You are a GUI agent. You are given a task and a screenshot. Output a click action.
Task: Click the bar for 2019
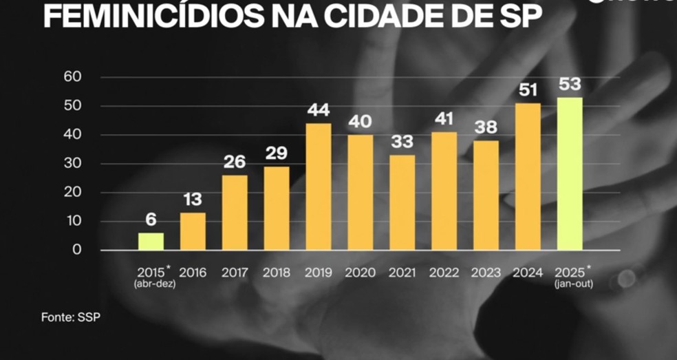(318, 187)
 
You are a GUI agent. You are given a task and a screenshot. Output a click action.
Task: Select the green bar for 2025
(570, 173)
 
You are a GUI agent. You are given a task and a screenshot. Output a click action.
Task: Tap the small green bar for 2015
(151, 241)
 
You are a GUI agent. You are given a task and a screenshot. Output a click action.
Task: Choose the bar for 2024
(528, 176)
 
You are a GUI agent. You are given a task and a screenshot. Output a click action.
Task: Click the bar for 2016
(193, 231)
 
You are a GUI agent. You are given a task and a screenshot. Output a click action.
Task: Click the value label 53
(570, 85)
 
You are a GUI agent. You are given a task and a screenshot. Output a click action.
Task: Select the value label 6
(151, 220)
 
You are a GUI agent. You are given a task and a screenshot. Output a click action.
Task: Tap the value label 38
(486, 128)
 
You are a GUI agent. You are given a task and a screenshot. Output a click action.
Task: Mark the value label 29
(277, 153)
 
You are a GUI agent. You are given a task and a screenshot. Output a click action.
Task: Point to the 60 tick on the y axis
(72, 77)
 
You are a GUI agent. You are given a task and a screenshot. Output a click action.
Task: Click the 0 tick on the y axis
(76, 250)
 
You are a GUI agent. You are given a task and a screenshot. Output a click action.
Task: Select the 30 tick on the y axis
(72, 164)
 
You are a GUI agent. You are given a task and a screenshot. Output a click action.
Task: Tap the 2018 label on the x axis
(276, 273)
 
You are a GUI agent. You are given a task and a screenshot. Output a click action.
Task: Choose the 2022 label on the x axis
(444, 273)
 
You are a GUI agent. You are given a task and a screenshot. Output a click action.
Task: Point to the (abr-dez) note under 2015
(155, 284)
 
